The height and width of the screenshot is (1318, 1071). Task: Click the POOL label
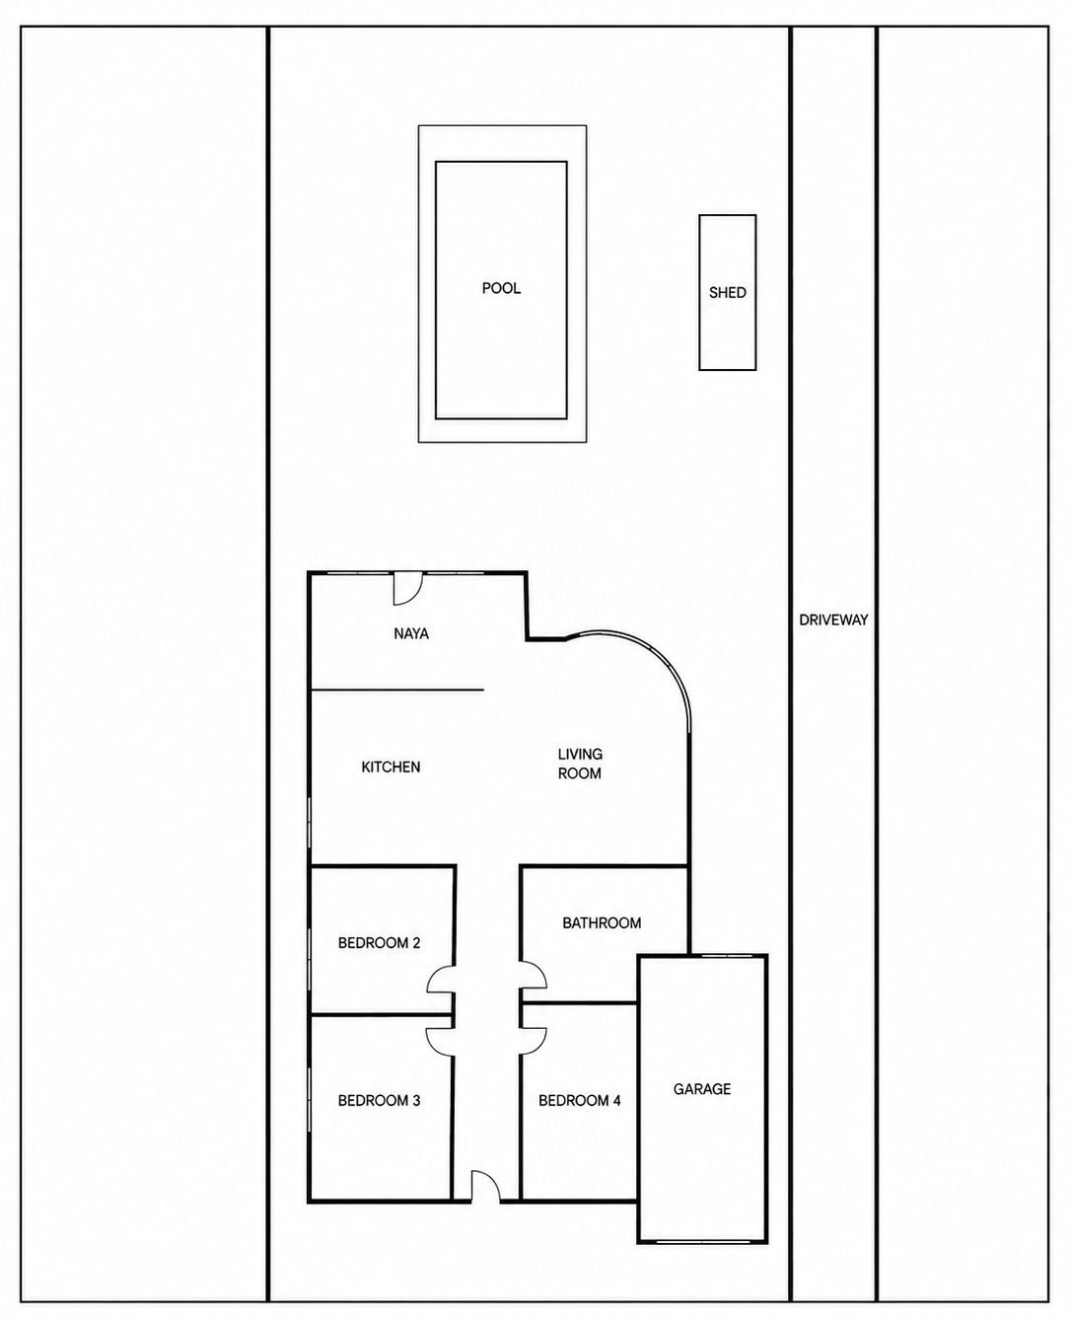click(501, 288)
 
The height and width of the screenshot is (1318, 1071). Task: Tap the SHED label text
click(727, 293)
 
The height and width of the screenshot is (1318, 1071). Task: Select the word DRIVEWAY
click(833, 620)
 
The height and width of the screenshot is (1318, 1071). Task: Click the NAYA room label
click(411, 633)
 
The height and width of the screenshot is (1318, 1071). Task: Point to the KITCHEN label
click(391, 768)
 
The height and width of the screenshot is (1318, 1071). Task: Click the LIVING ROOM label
click(580, 764)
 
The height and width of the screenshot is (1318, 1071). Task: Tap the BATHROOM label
click(602, 923)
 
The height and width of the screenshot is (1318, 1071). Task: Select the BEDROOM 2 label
click(379, 943)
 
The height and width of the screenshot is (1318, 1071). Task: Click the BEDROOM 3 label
click(379, 1101)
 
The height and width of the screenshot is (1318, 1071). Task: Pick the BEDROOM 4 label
click(580, 1101)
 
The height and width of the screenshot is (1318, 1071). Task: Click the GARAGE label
click(702, 1089)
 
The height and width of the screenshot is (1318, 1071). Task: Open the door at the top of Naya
click(408, 588)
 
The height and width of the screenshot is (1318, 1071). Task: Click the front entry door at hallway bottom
click(485, 1186)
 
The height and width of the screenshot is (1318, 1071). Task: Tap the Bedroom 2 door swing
click(440, 980)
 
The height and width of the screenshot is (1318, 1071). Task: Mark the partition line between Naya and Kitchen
click(396, 689)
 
